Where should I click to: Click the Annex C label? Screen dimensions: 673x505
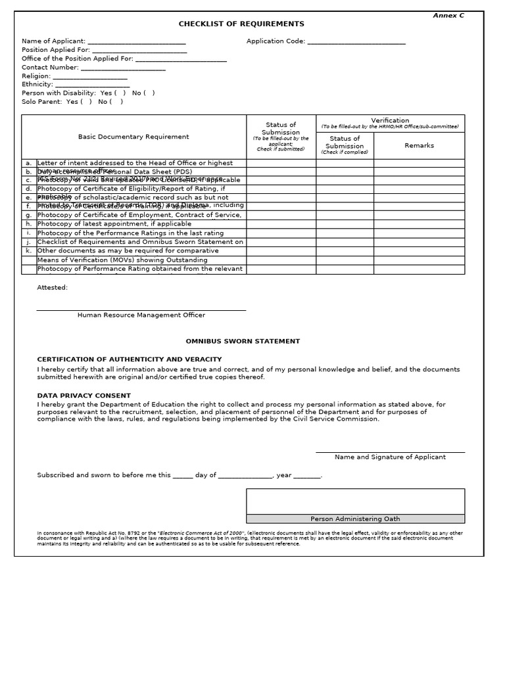click(x=448, y=15)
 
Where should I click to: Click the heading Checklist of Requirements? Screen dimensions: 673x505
click(x=241, y=24)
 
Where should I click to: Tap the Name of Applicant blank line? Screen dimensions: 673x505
click(x=136, y=41)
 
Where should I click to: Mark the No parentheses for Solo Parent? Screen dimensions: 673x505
click(x=116, y=102)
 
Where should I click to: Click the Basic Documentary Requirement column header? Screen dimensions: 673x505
click(x=133, y=137)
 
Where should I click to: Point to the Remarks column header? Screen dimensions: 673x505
click(x=419, y=145)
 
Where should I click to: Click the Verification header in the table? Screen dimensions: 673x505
click(x=390, y=120)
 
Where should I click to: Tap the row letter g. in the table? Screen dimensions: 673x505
click(x=28, y=215)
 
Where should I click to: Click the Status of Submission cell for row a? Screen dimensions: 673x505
click(x=281, y=163)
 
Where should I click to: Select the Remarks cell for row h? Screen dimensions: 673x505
click(x=419, y=223)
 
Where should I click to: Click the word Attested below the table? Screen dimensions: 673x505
click(x=52, y=287)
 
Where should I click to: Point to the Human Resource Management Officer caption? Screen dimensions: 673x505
click(x=141, y=315)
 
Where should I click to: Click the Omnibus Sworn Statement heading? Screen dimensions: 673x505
click(x=243, y=341)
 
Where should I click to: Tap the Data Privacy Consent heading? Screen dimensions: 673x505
click(x=84, y=396)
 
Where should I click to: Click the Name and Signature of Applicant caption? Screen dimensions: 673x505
click(x=390, y=457)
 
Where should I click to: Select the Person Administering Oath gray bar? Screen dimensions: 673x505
click(x=355, y=519)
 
